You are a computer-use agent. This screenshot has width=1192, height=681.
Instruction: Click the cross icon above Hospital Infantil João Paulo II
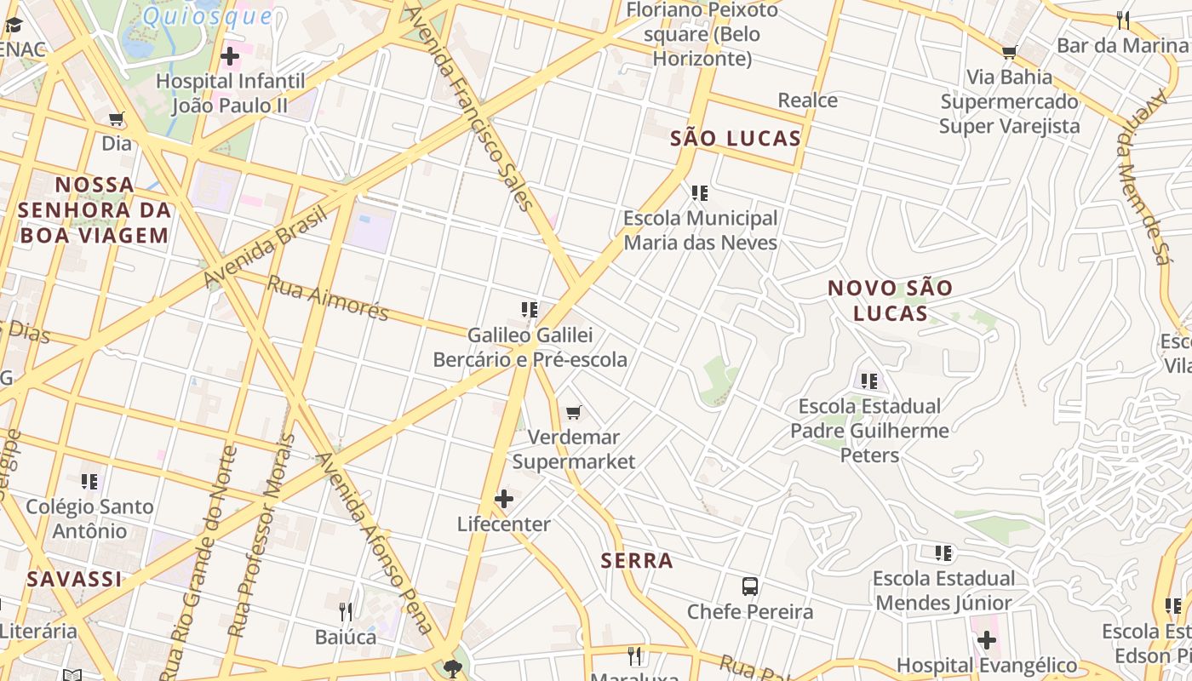(229, 57)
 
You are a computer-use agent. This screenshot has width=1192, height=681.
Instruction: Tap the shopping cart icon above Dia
(117, 119)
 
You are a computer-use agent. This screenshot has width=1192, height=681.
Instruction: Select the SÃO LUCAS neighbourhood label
(736, 139)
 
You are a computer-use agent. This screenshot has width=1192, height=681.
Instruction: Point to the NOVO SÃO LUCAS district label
(890, 300)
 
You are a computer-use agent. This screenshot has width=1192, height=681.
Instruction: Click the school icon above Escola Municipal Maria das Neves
(700, 194)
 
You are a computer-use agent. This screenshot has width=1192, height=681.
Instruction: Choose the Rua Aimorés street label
(328, 299)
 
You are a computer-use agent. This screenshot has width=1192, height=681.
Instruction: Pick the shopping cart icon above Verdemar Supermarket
(574, 413)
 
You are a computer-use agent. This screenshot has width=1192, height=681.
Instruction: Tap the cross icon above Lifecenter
(504, 499)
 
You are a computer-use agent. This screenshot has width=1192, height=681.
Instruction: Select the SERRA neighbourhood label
(637, 561)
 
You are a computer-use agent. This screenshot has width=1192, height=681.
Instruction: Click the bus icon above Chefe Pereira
(750, 587)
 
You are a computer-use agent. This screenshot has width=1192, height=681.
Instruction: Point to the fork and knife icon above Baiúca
(346, 612)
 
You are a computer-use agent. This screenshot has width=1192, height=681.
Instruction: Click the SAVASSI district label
(74, 580)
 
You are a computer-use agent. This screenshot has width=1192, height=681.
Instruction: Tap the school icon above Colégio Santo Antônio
(89, 482)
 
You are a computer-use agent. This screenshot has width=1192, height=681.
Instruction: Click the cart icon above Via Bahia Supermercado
(1010, 53)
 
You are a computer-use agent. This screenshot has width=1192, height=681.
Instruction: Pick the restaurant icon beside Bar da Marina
(1123, 20)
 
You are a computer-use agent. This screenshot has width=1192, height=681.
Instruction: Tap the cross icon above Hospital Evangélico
(987, 640)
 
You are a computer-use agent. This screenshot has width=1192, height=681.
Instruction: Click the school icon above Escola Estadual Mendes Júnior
(943, 554)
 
